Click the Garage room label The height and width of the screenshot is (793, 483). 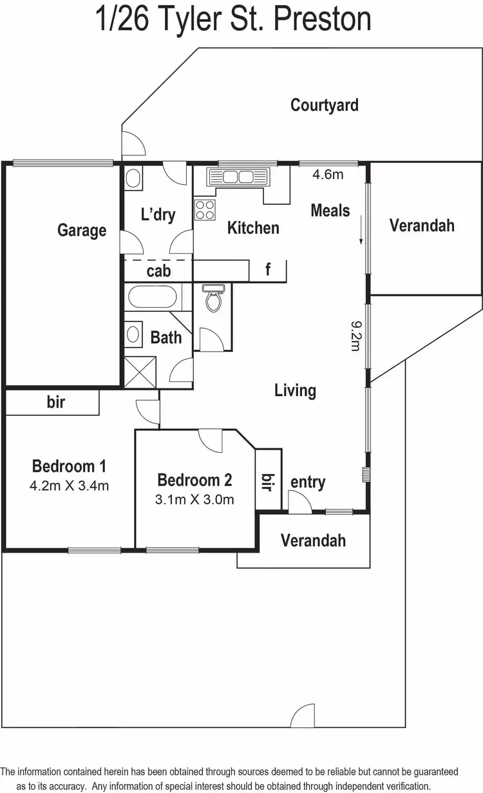point(82,230)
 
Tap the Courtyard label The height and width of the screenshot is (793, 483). point(325,105)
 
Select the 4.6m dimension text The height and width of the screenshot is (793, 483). point(328,174)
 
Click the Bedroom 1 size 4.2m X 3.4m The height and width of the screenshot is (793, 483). point(69,486)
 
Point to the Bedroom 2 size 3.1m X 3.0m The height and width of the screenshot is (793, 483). point(194,499)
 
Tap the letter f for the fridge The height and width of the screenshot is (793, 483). point(268,270)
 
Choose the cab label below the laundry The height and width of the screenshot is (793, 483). point(158,271)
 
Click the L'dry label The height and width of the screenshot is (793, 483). point(158,214)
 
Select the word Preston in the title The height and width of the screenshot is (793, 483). point(322,19)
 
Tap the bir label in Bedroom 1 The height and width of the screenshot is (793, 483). point(56,403)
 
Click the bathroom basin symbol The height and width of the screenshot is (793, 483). point(134,334)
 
